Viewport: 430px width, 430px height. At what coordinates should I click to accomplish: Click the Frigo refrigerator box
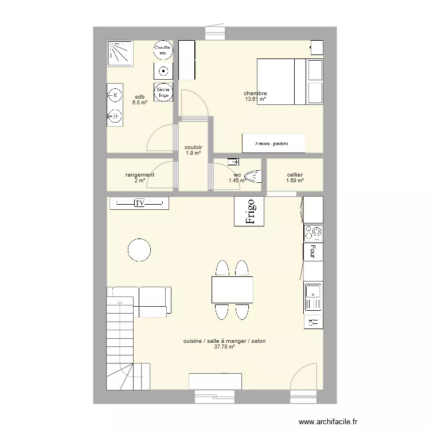point(249,211)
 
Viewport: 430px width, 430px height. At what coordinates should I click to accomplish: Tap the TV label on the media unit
point(139,203)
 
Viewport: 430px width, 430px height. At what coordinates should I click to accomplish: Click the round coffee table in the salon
point(139,249)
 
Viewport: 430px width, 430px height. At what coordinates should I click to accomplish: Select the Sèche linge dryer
point(164,92)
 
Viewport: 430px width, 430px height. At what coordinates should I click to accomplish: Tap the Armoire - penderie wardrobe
point(272,144)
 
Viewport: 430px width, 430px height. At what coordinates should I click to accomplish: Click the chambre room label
point(255,93)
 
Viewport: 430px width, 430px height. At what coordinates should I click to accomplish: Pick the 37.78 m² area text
point(224,347)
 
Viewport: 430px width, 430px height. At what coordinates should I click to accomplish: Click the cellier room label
point(295,175)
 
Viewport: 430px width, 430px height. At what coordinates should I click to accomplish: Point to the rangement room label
point(140,175)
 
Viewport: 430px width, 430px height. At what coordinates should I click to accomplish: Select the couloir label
point(193,147)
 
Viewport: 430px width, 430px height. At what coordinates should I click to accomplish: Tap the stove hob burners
point(313,232)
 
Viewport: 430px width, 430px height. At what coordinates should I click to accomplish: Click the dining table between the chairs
point(232,290)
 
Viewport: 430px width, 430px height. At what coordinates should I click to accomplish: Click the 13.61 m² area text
point(255,99)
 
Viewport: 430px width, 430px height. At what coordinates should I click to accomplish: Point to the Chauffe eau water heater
point(164,50)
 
